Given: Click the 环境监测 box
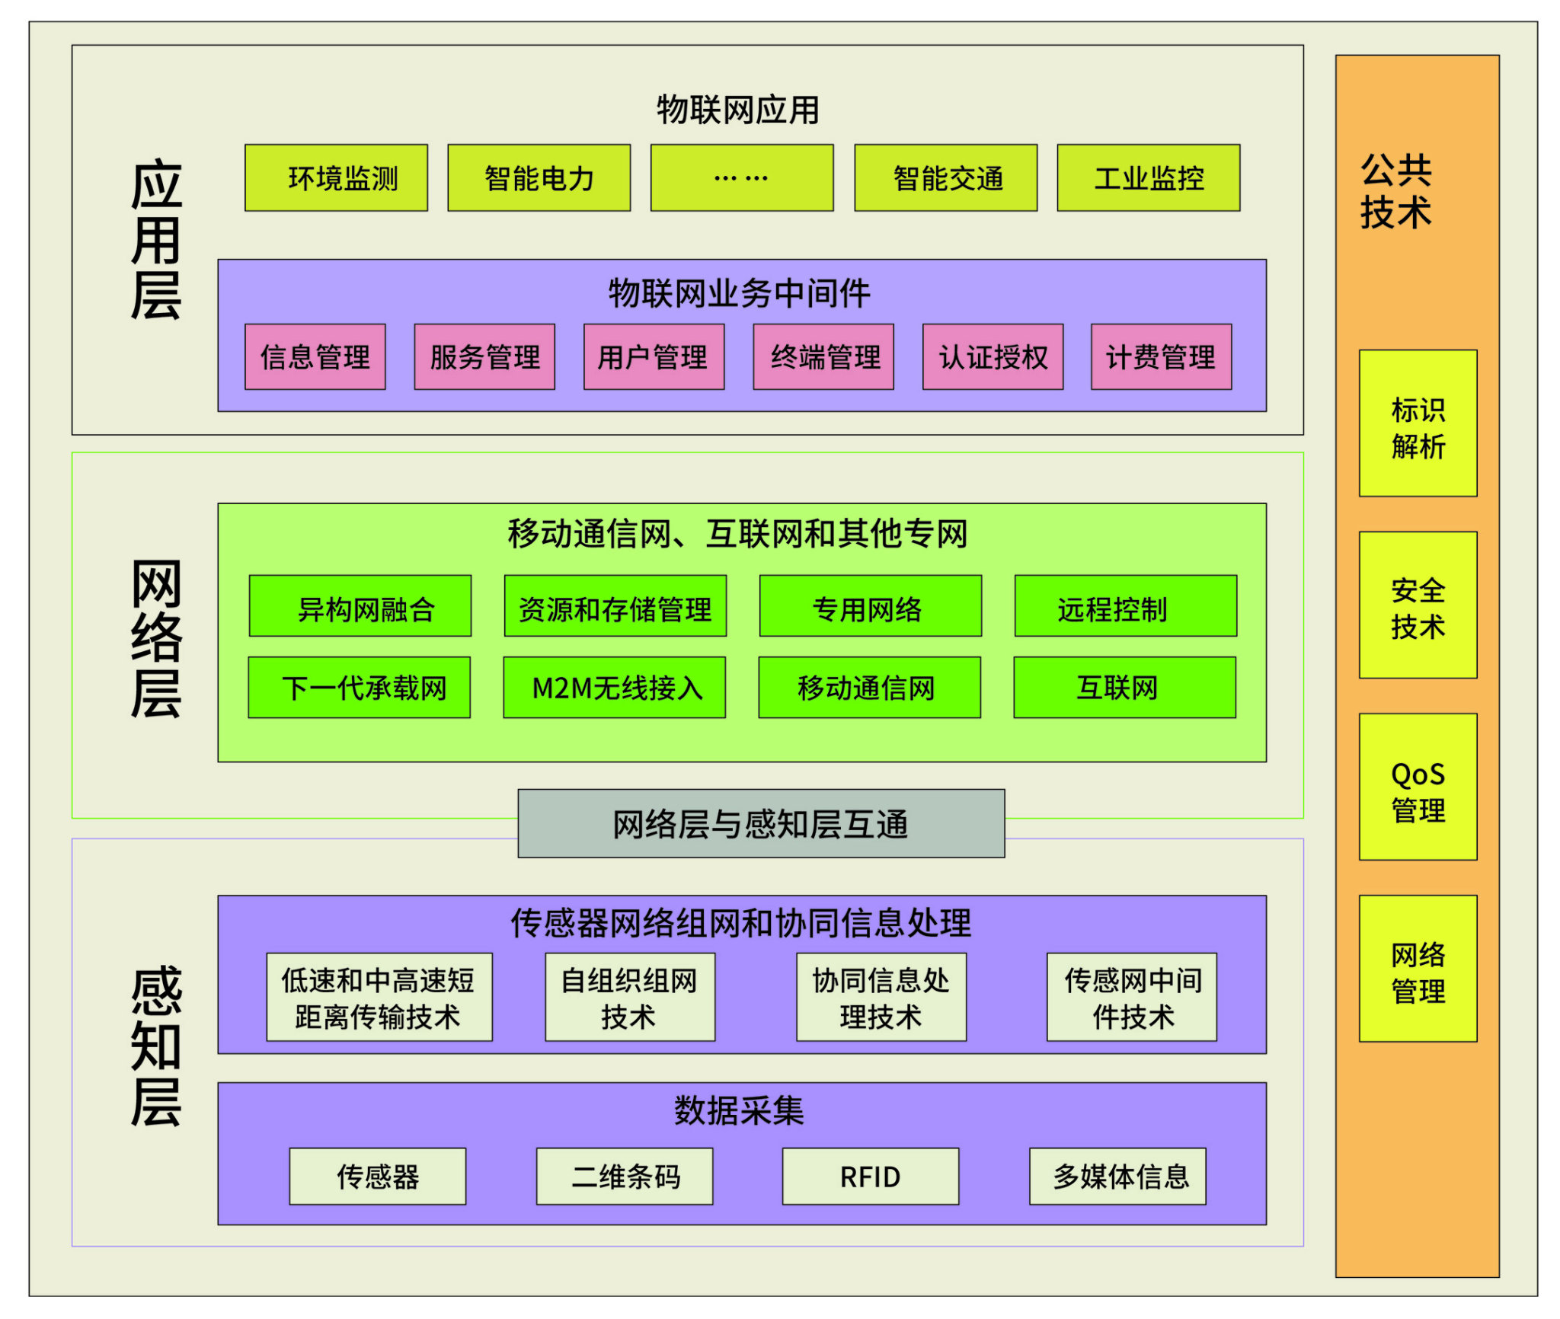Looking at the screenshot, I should coord(336,178).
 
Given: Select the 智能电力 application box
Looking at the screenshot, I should coord(539,178).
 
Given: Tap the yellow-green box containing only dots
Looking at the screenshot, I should coord(741,178).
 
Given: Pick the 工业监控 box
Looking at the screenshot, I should coord(1148,178).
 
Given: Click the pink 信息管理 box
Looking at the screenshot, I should coord(315,357).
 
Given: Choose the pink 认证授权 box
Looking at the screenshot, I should coord(993,357).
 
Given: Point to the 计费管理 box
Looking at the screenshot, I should coord(1161,357).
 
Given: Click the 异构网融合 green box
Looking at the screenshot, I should coord(360,606).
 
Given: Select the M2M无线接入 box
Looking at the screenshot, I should coord(614,688).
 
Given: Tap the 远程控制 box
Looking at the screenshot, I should coord(1125,606).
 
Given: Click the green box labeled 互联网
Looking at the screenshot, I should coord(1124,688).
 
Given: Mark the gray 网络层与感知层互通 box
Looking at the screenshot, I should coord(761,823).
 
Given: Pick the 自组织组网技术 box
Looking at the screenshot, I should coord(630,997).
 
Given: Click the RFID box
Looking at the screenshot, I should coord(870,1177).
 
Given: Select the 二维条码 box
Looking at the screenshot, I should coord(625,1177).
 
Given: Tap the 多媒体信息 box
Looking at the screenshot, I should coord(1117,1177).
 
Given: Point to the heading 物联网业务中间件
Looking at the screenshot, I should coord(739,293).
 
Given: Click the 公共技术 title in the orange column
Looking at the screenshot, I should coord(1396,191).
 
